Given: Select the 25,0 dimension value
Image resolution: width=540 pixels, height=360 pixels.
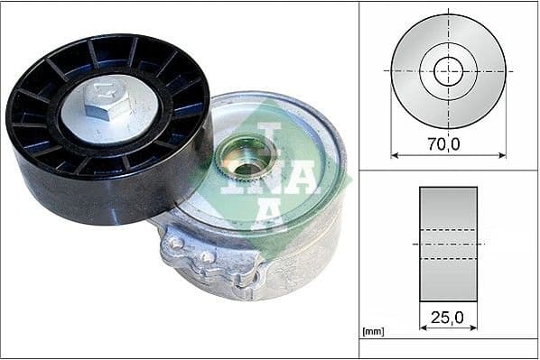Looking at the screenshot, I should (448, 317).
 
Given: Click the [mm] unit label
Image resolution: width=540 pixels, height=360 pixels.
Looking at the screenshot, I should (373, 332).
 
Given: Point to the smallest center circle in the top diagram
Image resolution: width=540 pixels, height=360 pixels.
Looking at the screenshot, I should (448, 71).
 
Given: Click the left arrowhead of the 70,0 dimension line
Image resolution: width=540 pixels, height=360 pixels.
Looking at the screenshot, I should (395, 155).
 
